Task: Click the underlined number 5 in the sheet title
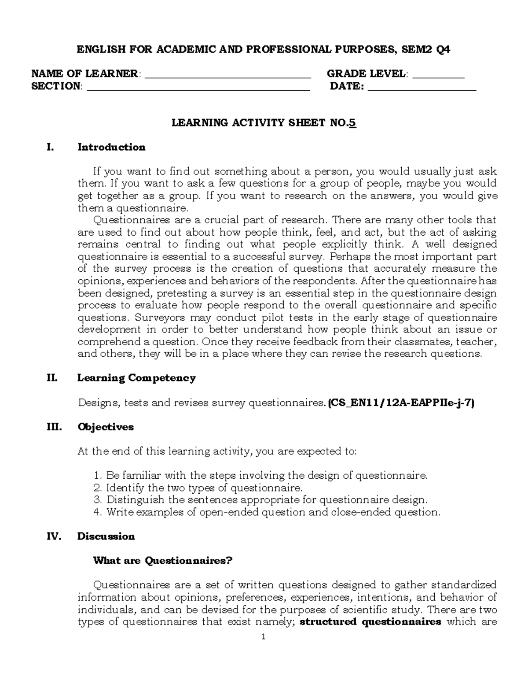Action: tap(353, 123)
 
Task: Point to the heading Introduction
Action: tap(111, 147)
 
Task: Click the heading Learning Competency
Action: tap(136, 378)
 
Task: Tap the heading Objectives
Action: tap(106, 427)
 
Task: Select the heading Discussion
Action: tap(106, 536)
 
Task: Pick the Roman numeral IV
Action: tap(53, 536)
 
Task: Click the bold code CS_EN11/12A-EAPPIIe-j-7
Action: tap(401, 403)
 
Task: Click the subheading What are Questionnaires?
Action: tap(162, 561)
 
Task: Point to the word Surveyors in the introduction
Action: tap(156, 318)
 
